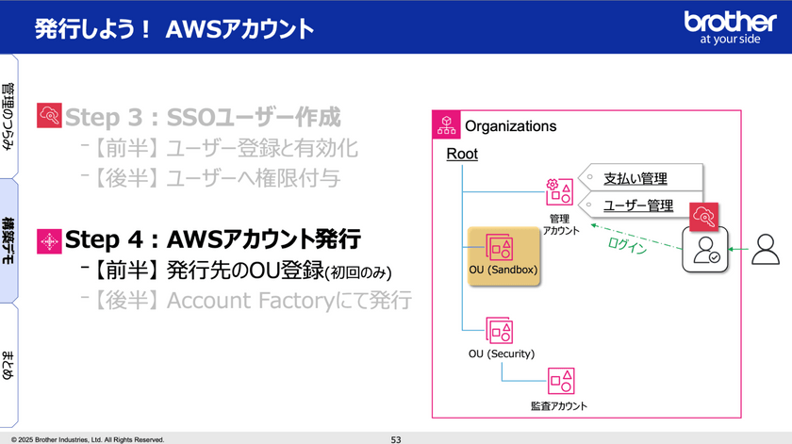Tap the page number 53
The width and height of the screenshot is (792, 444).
[396, 439]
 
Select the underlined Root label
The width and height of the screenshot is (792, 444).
[462, 154]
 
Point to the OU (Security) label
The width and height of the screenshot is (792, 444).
[502, 354]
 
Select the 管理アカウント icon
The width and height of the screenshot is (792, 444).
[559, 192]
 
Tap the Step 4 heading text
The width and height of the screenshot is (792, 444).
[212, 239]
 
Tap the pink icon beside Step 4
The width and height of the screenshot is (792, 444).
[48, 239]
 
